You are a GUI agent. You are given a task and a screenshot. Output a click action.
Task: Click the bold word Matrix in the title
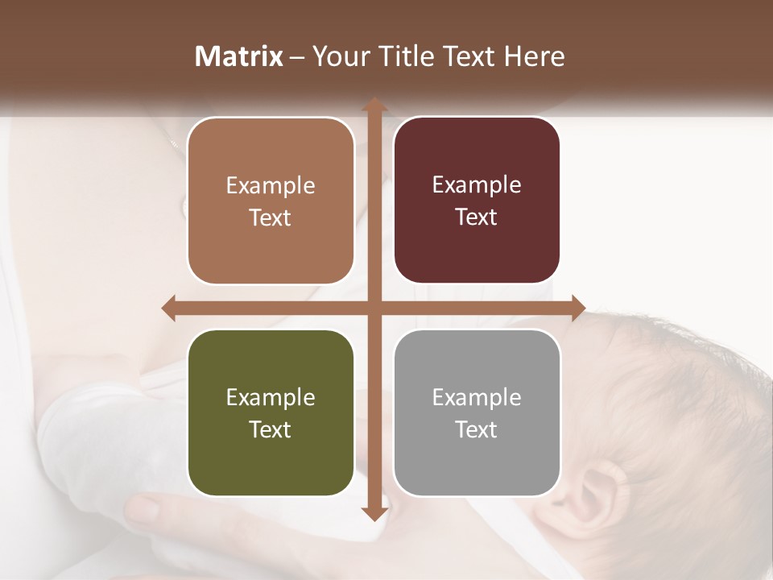tap(239, 56)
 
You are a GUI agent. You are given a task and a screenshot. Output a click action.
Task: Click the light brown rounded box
tap(271, 201)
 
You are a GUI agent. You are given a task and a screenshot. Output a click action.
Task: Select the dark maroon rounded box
tap(477, 201)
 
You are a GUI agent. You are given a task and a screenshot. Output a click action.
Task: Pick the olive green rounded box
tap(271, 412)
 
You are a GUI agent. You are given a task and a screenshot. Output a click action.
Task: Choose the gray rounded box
tap(477, 412)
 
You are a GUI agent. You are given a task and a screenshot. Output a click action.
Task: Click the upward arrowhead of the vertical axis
tap(374, 105)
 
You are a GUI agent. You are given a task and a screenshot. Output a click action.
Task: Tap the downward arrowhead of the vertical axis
tap(374, 513)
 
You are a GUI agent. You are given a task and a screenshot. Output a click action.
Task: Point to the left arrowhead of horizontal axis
tap(170, 308)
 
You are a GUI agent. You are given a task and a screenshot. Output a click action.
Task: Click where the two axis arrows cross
tap(374, 308)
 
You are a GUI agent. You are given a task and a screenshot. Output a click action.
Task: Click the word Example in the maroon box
tap(477, 184)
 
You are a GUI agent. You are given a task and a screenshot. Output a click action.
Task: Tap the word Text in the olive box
tap(271, 429)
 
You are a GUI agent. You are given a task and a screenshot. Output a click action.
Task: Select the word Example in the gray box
tap(477, 397)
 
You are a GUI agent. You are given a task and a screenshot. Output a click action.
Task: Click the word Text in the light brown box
tap(271, 217)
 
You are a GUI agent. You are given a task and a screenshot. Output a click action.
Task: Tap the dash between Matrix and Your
tap(297, 57)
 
